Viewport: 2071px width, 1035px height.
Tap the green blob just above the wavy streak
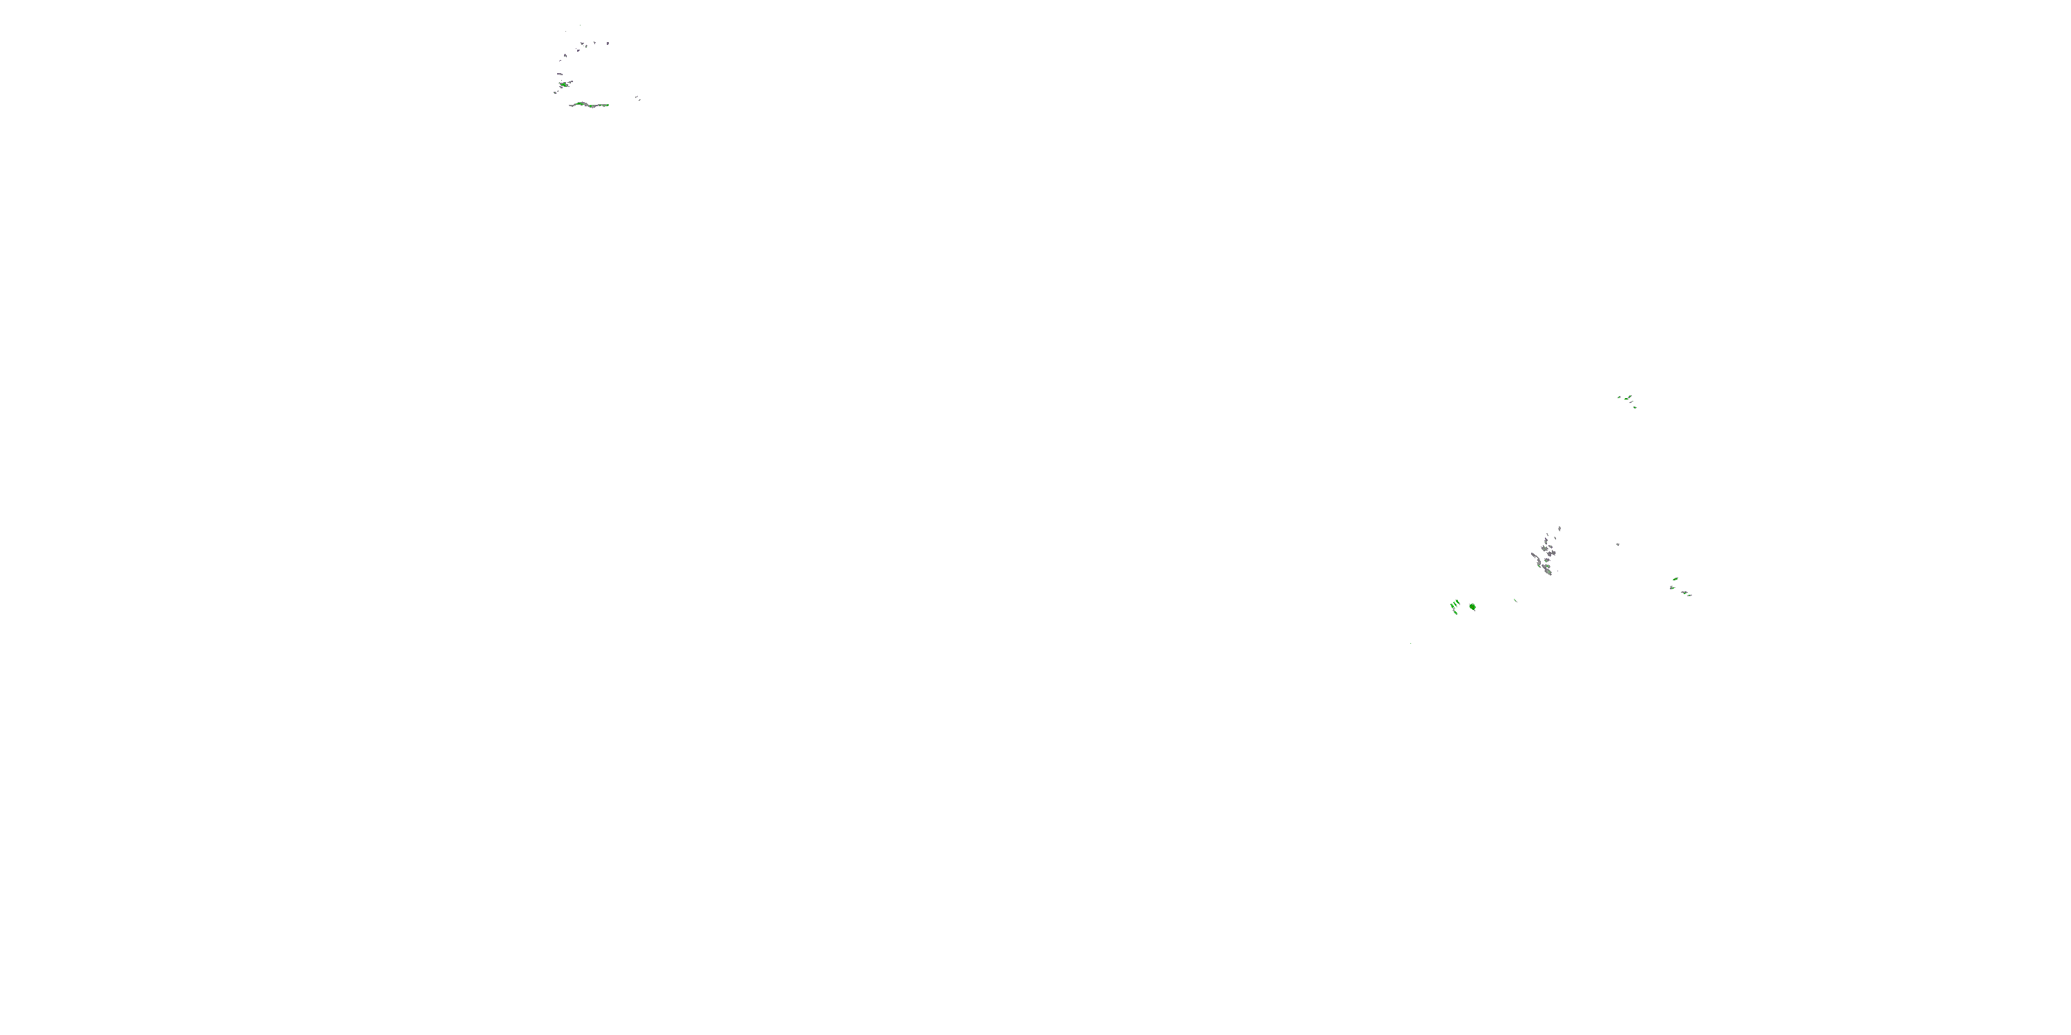(x=565, y=83)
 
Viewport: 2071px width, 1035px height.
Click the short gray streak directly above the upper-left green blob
(x=561, y=74)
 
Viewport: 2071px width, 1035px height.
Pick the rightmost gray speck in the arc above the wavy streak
(x=607, y=43)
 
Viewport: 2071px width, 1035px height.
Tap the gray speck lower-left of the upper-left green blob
(x=556, y=92)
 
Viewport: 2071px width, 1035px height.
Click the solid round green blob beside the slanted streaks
(x=1473, y=607)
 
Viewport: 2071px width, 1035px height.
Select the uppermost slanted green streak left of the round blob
(x=1457, y=602)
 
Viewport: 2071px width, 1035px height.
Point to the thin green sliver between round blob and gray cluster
(x=1516, y=600)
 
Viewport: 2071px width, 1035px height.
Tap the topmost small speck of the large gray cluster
(x=1559, y=528)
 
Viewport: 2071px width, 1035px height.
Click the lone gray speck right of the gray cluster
(x=1617, y=544)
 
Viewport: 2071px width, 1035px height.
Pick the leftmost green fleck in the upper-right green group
(x=1619, y=396)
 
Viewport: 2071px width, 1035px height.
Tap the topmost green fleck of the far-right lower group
(x=1675, y=579)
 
